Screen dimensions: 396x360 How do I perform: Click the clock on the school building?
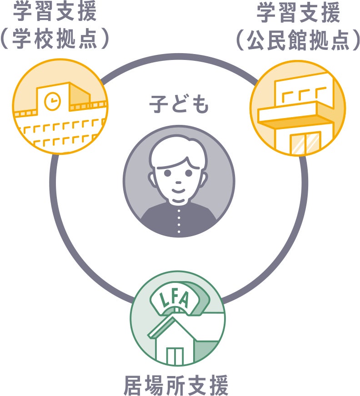[x=53, y=101]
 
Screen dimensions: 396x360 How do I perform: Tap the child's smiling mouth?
[x=178, y=191]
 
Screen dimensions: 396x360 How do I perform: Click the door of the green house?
[x=175, y=356]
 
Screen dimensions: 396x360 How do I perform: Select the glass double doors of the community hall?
[x=305, y=143]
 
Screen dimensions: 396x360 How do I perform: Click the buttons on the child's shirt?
[x=178, y=223]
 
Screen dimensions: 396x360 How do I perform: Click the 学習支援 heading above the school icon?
[x=55, y=13]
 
